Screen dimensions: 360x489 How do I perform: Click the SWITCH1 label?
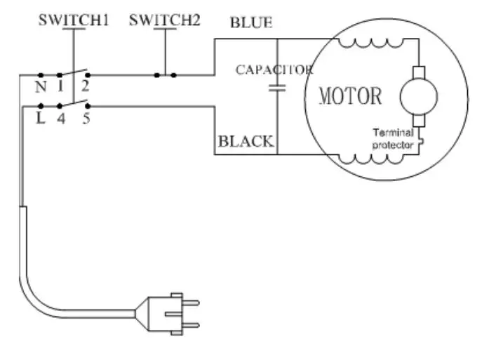pyautogui.click(x=73, y=20)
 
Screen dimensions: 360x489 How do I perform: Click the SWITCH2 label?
pyautogui.click(x=165, y=20)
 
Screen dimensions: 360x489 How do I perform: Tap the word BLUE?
pyautogui.click(x=250, y=22)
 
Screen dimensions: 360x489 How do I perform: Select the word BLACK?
pyautogui.click(x=245, y=141)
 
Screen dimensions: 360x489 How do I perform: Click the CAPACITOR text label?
pyautogui.click(x=274, y=70)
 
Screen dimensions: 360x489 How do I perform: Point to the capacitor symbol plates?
pyautogui.click(x=279, y=88)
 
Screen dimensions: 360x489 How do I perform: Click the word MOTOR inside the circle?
pyautogui.click(x=351, y=95)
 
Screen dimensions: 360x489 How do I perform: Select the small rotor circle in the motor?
pyautogui.click(x=418, y=96)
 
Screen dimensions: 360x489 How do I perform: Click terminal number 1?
pyautogui.click(x=61, y=87)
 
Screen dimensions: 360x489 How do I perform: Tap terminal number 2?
pyautogui.click(x=86, y=87)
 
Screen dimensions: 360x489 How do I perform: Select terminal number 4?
pyautogui.click(x=61, y=119)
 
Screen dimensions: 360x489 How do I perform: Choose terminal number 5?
pyautogui.click(x=86, y=119)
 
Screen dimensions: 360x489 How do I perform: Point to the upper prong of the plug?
pyautogui.click(x=192, y=301)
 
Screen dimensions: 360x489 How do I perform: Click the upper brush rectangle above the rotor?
pyautogui.click(x=418, y=72)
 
